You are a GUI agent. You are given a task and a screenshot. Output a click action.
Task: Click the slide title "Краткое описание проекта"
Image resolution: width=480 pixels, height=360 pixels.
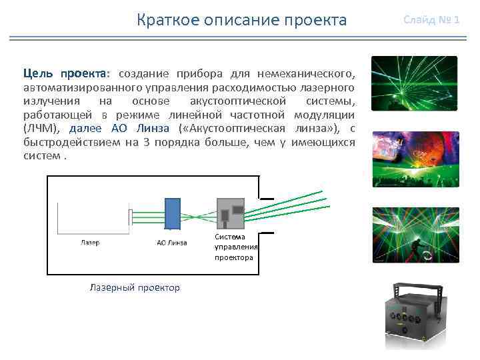(x=241, y=20)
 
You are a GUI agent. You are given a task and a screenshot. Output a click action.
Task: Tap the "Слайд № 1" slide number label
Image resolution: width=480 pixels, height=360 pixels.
(x=431, y=19)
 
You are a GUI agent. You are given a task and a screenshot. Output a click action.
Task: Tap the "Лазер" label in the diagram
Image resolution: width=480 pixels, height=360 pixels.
(x=90, y=243)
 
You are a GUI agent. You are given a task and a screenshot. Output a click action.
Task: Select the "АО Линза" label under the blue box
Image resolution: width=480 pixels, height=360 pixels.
(x=172, y=243)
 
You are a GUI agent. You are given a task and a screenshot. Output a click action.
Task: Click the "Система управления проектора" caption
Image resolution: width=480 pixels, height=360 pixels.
(x=233, y=247)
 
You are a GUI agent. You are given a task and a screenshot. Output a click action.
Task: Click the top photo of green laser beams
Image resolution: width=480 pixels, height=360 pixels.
(x=414, y=83)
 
